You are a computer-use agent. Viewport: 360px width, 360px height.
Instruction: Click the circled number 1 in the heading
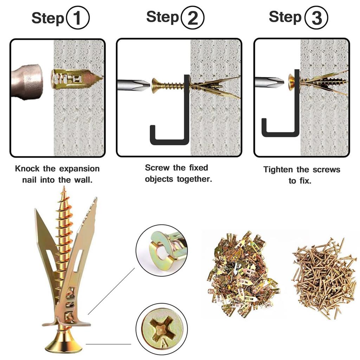[x=78, y=18]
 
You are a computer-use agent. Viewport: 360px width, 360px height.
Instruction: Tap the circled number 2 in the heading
[x=192, y=18]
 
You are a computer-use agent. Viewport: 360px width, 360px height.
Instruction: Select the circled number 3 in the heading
[x=317, y=18]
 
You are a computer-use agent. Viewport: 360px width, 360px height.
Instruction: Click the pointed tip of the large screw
[x=64, y=187]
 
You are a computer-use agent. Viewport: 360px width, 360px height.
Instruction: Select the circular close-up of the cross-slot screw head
[x=162, y=329]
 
